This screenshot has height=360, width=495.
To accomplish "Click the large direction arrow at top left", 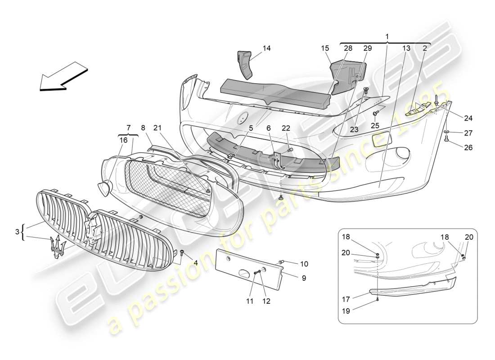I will tap(62, 78).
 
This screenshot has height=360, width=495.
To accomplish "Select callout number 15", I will tap(325, 48).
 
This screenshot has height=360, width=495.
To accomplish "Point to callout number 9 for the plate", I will tap(304, 278).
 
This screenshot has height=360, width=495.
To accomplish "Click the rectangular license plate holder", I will tap(247, 267).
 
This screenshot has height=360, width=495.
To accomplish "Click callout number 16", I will tap(123, 140).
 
